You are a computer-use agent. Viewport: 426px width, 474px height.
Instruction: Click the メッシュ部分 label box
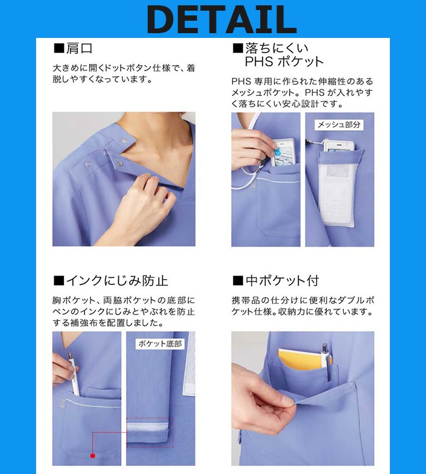pos(339,124)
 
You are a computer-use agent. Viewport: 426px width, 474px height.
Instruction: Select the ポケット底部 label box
pos(160,343)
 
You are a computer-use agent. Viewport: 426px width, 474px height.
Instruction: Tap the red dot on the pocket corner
pos(92,455)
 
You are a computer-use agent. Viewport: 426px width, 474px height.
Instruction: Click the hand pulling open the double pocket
pos(266,394)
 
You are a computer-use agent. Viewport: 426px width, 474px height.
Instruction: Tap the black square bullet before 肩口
pos(59,49)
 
